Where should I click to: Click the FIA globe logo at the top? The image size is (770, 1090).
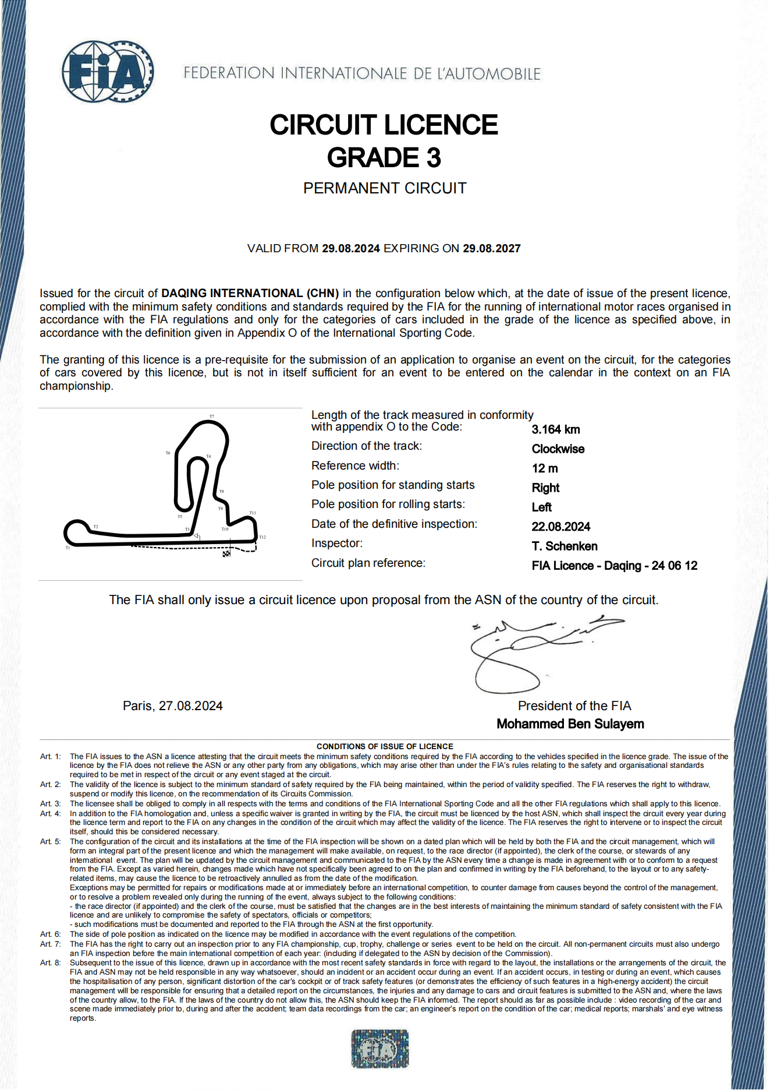[108, 72]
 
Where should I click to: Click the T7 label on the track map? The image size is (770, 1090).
[212, 417]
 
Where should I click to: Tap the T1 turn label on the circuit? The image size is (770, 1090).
[68, 548]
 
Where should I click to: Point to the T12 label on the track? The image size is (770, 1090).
[262, 537]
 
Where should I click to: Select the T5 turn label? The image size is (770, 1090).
[180, 516]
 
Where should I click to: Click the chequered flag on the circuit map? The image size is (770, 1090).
[226, 553]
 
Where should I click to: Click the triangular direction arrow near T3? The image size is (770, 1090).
[197, 536]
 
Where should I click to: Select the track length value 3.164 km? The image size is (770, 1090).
[556, 429]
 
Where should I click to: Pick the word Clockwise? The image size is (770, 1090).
[558, 449]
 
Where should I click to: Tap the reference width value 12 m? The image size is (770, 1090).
[545, 468]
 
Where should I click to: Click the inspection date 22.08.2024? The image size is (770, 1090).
[560, 527]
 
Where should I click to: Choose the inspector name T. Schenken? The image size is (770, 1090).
[565, 546]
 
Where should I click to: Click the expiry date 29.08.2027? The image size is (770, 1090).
[491, 249]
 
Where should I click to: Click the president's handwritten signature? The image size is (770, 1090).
[524, 652]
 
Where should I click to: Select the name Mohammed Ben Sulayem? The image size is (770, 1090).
[570, 724]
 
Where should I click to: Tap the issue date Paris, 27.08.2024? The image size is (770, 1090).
[173, 706]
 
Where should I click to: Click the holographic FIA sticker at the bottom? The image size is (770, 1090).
[380, 1049]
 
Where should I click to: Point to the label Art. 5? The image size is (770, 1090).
[50, 842]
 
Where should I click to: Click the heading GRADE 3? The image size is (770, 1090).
[384, 158]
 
